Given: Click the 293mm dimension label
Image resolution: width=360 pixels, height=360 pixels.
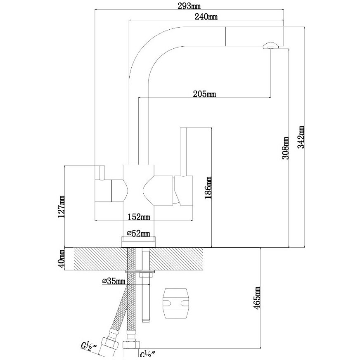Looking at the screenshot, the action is click(189, 6).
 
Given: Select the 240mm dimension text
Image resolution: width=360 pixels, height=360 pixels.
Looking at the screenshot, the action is click(206, 17).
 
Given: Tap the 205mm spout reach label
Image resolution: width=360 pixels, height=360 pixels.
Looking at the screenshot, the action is click(204, 94).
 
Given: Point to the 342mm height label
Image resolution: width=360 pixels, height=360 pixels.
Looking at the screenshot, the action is click(301, 137).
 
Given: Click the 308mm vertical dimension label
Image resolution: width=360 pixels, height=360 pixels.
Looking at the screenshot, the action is click(285, 148).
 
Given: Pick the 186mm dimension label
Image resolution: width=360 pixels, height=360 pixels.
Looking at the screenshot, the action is click(208, 187).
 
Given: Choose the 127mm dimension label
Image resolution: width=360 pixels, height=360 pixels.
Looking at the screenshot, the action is click(61, 207).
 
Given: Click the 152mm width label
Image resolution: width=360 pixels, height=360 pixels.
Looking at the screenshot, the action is click(139, 217).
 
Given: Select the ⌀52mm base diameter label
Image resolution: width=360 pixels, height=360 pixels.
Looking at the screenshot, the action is click(138, 234).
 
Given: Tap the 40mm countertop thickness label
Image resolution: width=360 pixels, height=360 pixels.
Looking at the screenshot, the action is click(61, 258).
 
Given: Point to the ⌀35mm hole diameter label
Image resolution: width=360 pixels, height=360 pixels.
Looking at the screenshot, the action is click(114, 281).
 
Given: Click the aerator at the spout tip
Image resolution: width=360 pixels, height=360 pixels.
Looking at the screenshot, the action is click(271, 45).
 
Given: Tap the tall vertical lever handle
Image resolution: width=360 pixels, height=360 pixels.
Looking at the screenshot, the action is click(183, 152).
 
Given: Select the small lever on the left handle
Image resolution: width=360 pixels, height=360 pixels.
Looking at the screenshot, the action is click(100, 173).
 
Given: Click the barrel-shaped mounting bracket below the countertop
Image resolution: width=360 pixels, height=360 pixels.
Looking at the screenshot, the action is click(176, 303).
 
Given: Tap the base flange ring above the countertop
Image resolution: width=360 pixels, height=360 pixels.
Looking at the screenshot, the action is click(138, 242).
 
